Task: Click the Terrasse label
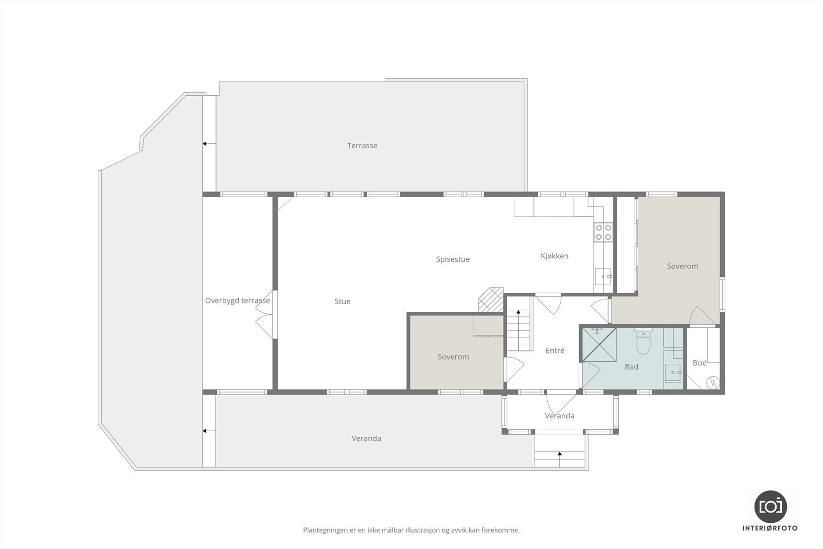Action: point(362,146)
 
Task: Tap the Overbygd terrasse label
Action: point(237,300)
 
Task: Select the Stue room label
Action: point(342,302)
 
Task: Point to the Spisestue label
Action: point(453,259)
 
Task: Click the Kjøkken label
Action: point(554,256)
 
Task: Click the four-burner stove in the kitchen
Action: point(603,232)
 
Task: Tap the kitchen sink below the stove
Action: point(603,277)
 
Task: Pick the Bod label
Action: point(700,363)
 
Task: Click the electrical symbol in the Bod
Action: point(713,382)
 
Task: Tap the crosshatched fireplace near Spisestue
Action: point(491,299)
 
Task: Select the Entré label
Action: point(555,350)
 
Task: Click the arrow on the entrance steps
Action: point(560,454)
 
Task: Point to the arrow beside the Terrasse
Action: point(208,144)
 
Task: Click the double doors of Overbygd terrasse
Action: point(266,315)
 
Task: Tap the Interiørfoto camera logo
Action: point(770,506)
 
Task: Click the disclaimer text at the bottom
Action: point(411,530)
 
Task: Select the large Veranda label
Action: point(366,438)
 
